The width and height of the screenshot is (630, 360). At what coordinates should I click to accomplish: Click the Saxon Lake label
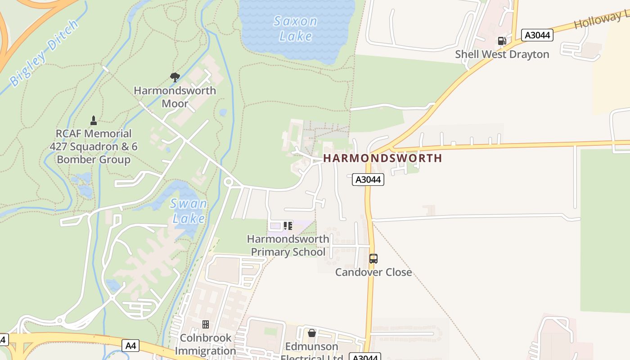[296, 28]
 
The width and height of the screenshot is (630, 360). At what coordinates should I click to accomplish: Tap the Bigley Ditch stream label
[40, 53]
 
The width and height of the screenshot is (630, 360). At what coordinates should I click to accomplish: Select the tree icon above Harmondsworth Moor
[175, 77]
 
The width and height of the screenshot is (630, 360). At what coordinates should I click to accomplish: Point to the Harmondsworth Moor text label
[175, 97]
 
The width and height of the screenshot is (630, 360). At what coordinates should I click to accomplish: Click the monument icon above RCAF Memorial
[94, 121]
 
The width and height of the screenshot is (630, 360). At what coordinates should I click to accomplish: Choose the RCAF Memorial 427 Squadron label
[94, 146]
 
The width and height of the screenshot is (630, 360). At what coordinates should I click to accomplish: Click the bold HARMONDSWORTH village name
[382, 158]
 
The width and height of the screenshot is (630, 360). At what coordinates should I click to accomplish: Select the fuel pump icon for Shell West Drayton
[502, 41]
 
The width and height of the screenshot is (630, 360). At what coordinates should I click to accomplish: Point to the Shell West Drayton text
[502, 54]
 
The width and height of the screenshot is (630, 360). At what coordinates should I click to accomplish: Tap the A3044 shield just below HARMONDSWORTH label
[368, 180]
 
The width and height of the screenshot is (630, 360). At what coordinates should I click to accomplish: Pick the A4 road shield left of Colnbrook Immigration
[130, 346]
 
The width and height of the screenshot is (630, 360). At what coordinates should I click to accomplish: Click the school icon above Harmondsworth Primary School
[288, 225]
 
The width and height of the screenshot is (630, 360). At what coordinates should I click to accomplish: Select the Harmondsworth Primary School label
[288, 245]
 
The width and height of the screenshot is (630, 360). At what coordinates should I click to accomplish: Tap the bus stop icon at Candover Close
[373, 259]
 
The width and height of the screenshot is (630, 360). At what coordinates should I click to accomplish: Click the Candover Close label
[373, 272]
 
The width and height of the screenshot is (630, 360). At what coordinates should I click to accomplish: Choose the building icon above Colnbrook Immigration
[206, 324]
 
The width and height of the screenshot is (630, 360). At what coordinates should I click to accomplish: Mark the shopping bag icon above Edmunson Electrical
[311, 333]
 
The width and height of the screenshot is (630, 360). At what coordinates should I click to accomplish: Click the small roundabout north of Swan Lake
[228, 182]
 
